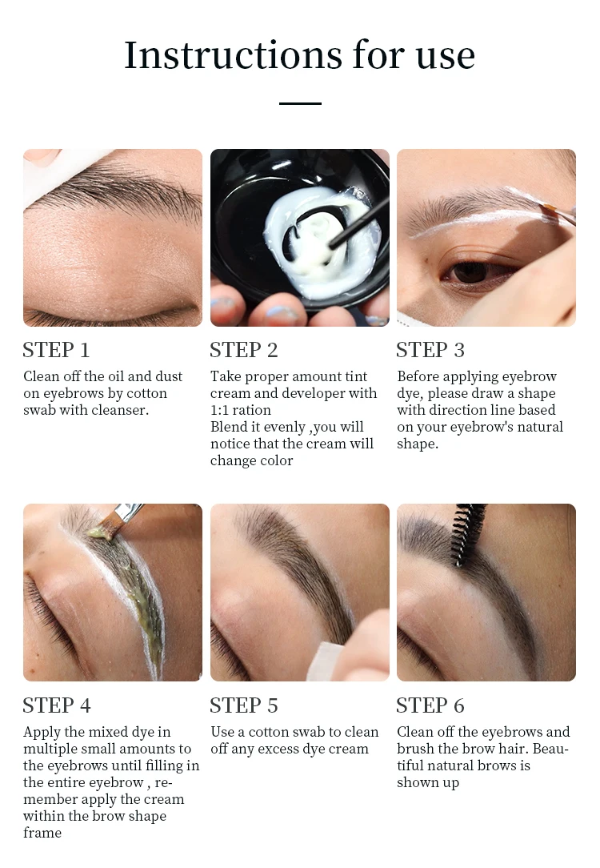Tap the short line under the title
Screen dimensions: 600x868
[x=300, y=103]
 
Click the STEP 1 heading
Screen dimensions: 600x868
[x=56, y=350]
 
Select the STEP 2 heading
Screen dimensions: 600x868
[x=243, y=350]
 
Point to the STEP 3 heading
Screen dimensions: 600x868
[x=430, y=350]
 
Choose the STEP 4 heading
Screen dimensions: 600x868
[x=57, y=705]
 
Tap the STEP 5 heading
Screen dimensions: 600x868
[x=243, y=705]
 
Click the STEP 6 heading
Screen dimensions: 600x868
[x=430, y=705]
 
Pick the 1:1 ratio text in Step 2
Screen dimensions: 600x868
[x=241, y=410]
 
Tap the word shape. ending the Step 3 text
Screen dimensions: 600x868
[x=418, y=444]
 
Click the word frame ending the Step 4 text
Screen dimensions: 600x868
[x=42, y=833]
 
